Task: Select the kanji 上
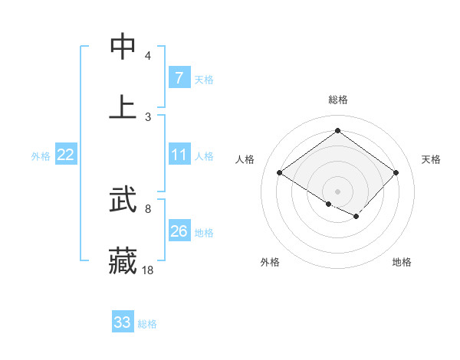pos(123,107)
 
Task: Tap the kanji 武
pos(123,201)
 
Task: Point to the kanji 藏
pos(123,260)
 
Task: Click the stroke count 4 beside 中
pos(148,56)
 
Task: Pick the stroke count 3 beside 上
pos(148,116)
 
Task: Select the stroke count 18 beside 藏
pos(148,270)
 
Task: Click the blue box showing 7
pos(179,78)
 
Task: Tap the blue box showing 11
pos(179,155)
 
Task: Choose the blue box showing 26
pos(179,231)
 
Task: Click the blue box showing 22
pos(66,155)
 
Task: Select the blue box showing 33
pos(123,322)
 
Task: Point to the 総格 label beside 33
pos(148,324)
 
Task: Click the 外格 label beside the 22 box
pos(41,156)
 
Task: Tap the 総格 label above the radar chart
pos(337,100)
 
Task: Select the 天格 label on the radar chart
pos(432,159)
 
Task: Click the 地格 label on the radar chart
pos(402,262)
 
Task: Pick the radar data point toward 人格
pos(280,173)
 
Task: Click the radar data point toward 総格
pos(337,130)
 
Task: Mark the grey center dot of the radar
pos(337,191)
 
